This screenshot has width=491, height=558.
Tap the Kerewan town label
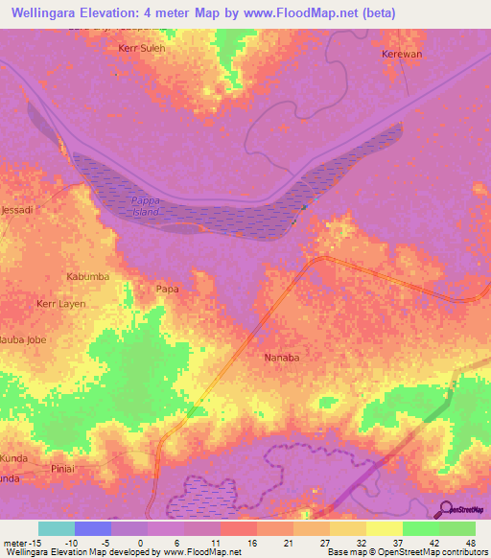(403, 55)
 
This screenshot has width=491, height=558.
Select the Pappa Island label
(145, 206)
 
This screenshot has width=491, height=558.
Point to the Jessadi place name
(17, 208)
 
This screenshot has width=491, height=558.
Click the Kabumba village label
(87, 276)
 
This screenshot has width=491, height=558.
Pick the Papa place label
(167, 287)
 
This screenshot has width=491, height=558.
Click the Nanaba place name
(282, 357)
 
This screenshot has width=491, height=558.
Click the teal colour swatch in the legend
(56, 528)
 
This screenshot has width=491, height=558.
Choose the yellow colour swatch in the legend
(384, 528)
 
